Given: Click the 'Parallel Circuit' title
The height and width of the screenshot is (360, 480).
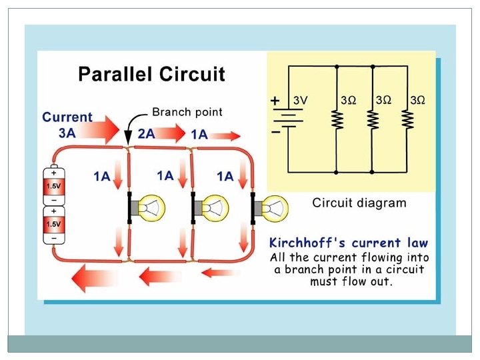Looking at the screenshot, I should pyautogui.click(x=151, y=73).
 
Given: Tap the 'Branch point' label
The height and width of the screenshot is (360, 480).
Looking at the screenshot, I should pyautogui.click(x=187, y=111).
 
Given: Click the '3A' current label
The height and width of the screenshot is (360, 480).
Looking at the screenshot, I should pyautogui.click(x=67, y=133).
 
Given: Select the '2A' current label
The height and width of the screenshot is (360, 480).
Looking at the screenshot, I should pyautogui.click(x=147, y=133).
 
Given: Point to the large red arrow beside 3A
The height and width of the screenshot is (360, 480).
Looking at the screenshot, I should pyautogui.click(x=100, y=129).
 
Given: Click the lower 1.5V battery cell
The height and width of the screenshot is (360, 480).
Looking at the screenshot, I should pyautogui.click(x=53, y=224).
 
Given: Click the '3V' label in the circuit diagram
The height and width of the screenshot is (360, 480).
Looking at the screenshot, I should pyautogui.click(x=301, y=100).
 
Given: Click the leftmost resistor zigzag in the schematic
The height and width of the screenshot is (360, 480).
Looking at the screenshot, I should pyautogui.click(x=337, y=120).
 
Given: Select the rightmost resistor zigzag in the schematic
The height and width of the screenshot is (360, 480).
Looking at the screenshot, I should pyautogui.click(x=407, y=120).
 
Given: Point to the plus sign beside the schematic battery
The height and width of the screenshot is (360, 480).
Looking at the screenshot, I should pyautogui.click(x=275, y=101).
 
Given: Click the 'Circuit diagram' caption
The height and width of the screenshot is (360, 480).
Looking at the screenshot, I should pyautogui.click(x=359, y=203).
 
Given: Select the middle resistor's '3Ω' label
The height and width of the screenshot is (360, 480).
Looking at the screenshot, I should pyautogui.click(x=383, y=100).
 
